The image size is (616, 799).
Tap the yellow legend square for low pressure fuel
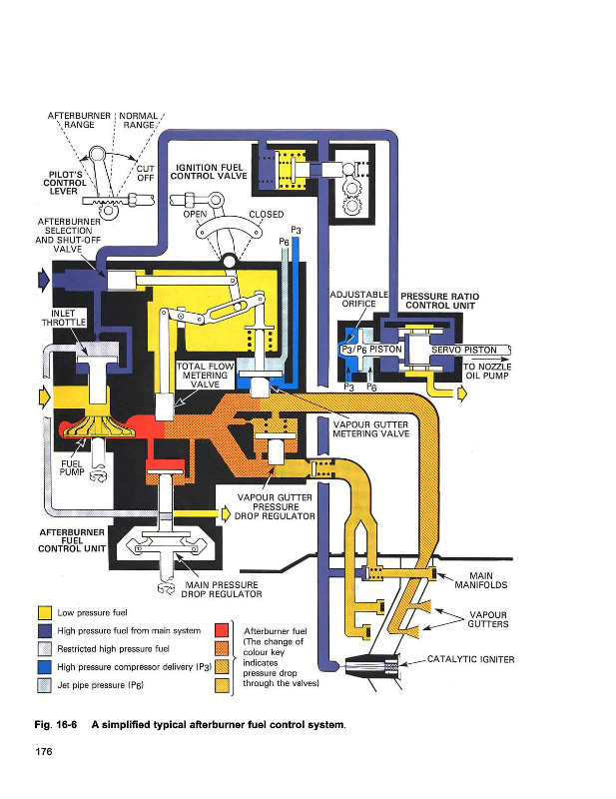[43, 612]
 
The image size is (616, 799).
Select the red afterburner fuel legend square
[224, 630]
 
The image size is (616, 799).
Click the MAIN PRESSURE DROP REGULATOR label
[220, 589]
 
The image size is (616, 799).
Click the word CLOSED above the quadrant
[265, 214]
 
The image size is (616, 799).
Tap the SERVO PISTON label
[464, 350]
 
